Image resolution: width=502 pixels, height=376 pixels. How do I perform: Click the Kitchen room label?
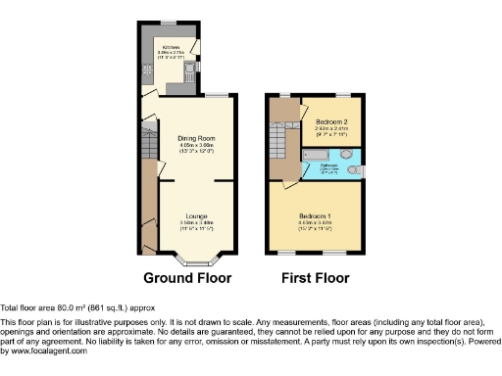171,46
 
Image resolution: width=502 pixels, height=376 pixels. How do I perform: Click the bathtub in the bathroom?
320,155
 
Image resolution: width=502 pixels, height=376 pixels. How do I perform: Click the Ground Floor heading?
187,278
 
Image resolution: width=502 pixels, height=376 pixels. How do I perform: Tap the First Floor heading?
316,278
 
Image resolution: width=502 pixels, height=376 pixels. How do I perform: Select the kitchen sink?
185,74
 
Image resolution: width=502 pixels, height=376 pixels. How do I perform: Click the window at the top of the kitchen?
168,23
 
